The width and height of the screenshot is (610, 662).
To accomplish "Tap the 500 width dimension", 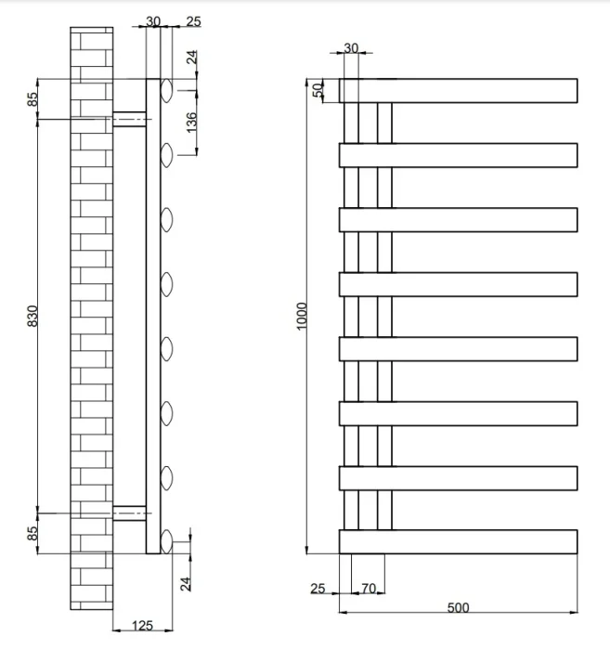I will pos(458,607).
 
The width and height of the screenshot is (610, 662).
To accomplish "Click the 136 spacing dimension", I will pos(191,123).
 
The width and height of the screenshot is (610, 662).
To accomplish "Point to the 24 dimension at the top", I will pos(191,58).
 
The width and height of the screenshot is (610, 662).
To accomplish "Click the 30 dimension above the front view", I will pos(351,47).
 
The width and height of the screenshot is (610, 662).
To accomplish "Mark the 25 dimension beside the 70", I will pos(318,589).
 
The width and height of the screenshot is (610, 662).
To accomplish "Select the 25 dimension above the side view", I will pos(193,20).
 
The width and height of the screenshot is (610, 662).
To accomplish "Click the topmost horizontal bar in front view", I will pos(458,90).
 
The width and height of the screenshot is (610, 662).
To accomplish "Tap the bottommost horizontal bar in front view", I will pos(458,541).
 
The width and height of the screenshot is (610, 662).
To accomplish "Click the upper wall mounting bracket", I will pos(130,118).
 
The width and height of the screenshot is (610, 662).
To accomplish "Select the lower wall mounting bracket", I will pos(130,512).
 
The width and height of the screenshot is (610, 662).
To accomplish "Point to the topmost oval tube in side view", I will pos(166,90).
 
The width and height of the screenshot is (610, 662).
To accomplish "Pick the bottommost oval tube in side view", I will pos(166,541).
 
